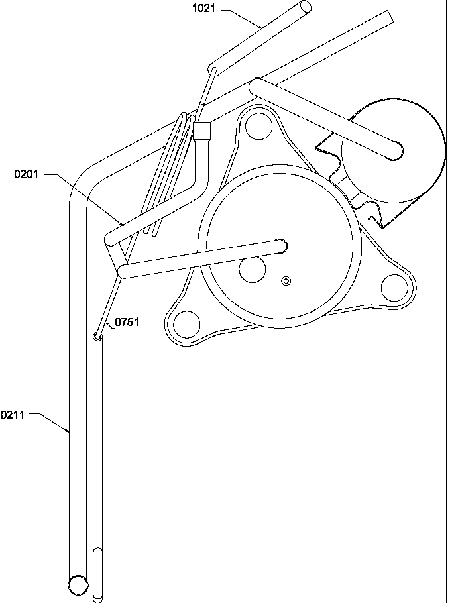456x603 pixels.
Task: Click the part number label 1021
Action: point(204,10)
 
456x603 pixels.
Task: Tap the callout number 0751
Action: point(127,323)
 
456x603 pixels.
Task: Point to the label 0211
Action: point(13,415)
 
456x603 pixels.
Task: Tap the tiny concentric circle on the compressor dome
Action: point(286,280)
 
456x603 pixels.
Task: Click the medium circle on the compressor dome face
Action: point(252,269)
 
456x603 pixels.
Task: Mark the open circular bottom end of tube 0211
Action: point(78,584)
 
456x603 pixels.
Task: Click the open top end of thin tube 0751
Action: point(98,337)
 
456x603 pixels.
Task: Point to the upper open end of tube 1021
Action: point(304,9)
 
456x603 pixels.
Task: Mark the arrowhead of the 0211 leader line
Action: point(69,432)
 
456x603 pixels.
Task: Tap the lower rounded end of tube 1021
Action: point(214,68)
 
